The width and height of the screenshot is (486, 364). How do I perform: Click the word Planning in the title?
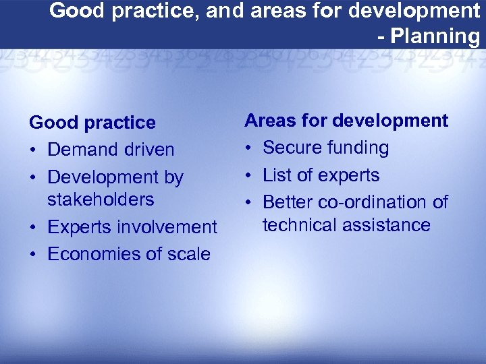pos(437,36)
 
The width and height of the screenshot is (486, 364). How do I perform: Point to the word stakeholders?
pos(101,200)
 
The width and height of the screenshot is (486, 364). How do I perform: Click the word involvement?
pos(173,227)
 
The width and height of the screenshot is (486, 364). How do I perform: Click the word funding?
pos(357,148)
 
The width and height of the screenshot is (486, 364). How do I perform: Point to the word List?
pos(277,175)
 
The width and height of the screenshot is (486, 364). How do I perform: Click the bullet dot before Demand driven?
pos(33,150)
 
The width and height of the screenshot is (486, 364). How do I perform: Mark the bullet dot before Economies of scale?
pos(33,255)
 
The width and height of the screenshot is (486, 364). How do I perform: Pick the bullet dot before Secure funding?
pos(248,148)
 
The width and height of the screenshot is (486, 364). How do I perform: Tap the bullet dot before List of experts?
pos(248,176)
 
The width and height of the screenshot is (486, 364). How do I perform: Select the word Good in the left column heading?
pos(52,123)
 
